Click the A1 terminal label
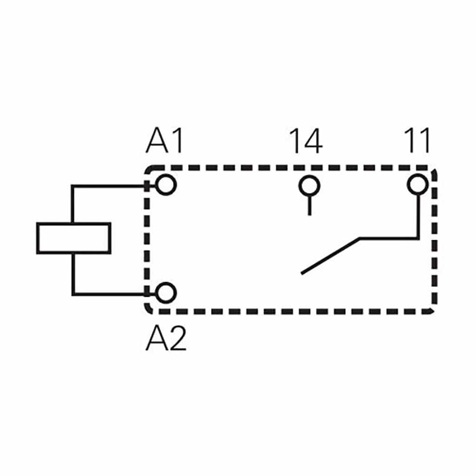[165, 140]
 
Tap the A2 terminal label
[166, 337]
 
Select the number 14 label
[306, 141]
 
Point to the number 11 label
[417, 140]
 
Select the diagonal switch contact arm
[331, 256]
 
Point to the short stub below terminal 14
[309, 206]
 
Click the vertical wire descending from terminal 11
[418, 217]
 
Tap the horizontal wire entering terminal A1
[113, 186]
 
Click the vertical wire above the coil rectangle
[73, 204]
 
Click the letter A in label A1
[157, 140]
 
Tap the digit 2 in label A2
[177, 337]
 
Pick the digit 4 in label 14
[313, 141]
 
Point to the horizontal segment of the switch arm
[389, 238]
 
